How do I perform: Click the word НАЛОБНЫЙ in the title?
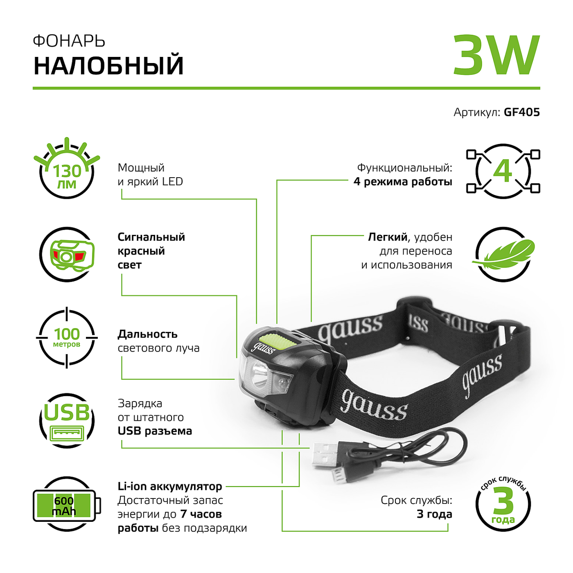(108, 66)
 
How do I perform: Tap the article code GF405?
(521, 112)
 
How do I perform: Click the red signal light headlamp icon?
(67, 255)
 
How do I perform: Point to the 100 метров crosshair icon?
(67, 338)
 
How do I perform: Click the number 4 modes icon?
(503, 171)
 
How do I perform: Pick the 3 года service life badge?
(503, 504)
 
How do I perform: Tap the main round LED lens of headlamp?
(258, 374)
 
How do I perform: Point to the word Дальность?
(147, 334)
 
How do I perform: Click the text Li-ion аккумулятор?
(169, 486)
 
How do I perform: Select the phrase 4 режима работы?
(403, 182)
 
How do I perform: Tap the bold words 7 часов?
(201, 514)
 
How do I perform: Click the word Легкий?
(388, 237)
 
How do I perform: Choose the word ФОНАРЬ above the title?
(69, 41)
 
